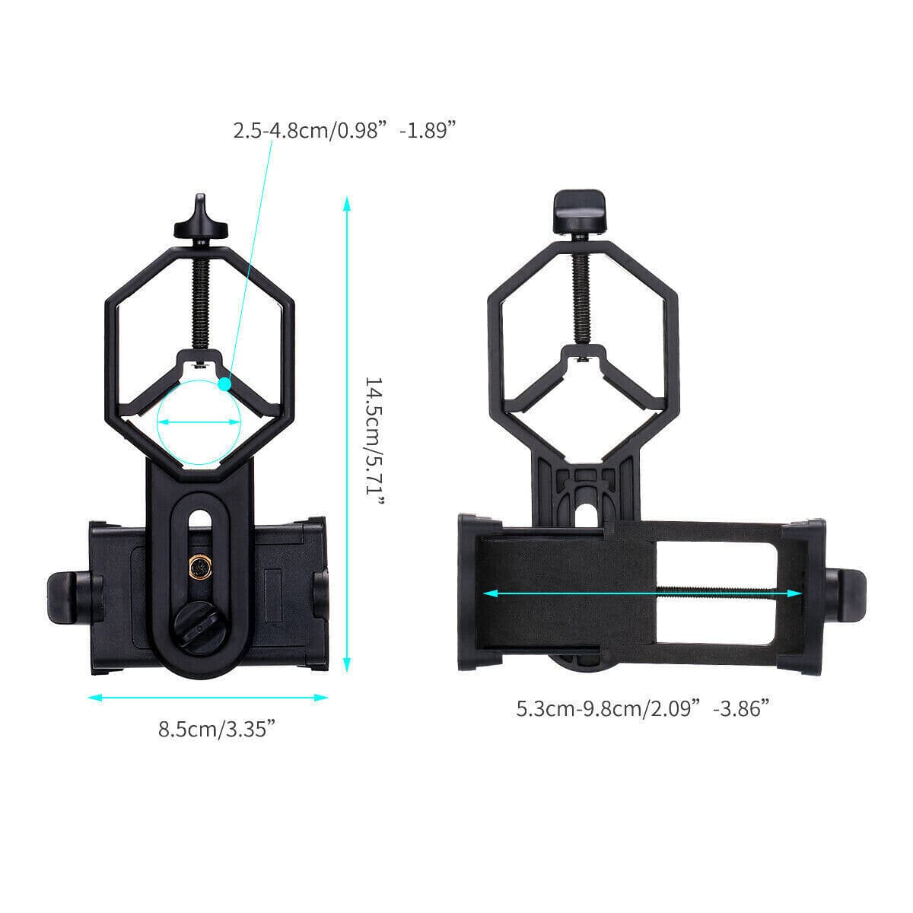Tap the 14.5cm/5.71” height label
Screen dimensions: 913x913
tap(375, 434)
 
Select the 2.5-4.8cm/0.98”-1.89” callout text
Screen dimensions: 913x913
tap(355, 130)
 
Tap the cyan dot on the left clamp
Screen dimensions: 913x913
tap(224, 384)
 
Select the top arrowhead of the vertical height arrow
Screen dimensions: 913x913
tap(346, 204)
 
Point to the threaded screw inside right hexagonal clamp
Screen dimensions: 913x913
tap(581, 289)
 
